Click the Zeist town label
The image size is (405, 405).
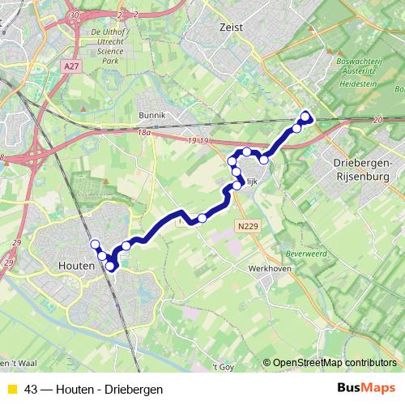tap(231, 27)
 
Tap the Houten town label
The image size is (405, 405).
tap(79, 265)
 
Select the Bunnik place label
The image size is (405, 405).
tap(151, 115)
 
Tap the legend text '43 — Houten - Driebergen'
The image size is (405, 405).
tap(88, 390)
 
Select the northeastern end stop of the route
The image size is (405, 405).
tap(305, 115)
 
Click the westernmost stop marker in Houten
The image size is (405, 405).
tap(95, 244)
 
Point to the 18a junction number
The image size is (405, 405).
tap(144, 131)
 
